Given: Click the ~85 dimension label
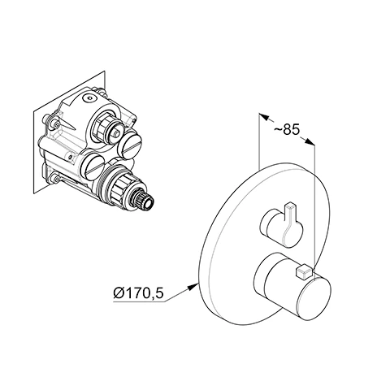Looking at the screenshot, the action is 287,130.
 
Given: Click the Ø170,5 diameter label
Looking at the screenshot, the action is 139,293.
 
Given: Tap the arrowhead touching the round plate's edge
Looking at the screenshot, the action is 193,287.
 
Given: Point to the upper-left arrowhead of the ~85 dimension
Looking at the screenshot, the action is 264,117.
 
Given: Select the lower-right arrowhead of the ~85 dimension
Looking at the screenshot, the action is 310,141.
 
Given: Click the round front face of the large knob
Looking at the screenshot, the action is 314,297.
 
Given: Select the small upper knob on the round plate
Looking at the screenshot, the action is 282,225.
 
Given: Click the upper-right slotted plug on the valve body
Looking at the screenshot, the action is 130,142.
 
